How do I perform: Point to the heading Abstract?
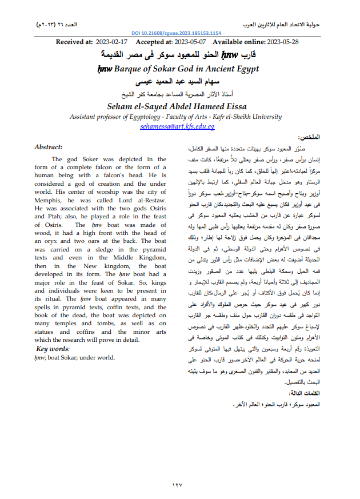(49, 147)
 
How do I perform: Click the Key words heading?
(52, 349)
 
